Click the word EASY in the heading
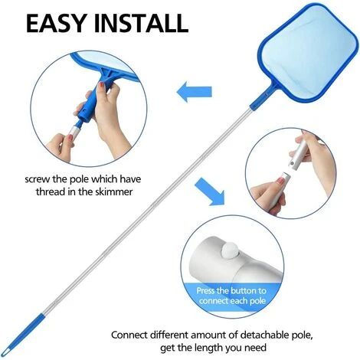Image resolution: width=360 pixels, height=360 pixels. click(x=56, y=23)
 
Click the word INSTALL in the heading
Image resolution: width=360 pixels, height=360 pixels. click(x=141, y=23)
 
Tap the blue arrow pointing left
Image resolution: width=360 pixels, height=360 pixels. click(x=195, y=92)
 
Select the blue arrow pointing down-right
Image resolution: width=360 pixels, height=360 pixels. click(x=210, y=191)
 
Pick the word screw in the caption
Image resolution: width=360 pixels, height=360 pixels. click(x=38, y=179)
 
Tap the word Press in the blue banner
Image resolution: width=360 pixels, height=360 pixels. click(x=206, y=291)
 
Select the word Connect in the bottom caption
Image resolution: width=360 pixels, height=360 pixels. click(x=129, y=335)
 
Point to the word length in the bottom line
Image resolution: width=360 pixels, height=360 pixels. click(x=209, y=348)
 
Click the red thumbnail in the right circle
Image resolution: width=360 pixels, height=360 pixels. click(x=280, y=181)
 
